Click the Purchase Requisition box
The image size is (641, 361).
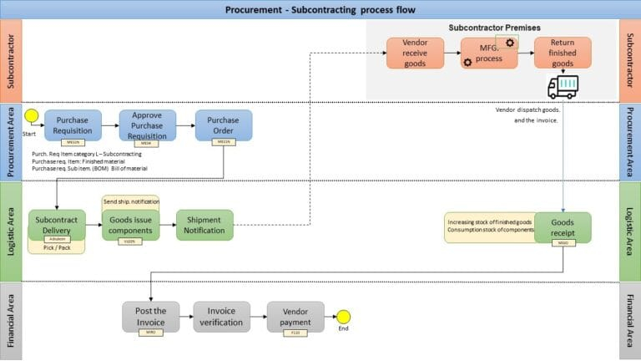coord(73,125)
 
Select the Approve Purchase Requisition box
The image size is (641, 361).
coord(148,125)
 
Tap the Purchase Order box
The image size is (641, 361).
coord(224,125)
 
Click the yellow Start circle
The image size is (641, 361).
coord(33,115)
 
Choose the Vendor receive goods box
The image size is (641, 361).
coord(415,52)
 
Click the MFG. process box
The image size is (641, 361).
coord(489,52)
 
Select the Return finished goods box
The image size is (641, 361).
coord(563,52)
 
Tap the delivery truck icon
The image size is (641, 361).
coord(563,87)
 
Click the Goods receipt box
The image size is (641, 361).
coord(563,226)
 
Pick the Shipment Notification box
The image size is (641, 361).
coord(204,225)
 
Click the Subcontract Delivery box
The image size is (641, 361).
coord(57,224)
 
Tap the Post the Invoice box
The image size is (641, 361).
coord(150,317)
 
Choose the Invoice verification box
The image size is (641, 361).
coord(222,317)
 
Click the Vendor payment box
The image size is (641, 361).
coord(295,317)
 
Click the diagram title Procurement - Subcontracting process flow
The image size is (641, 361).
coord(320,10)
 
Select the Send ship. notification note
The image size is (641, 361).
coord(130,201)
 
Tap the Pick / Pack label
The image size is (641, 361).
coord(56,248)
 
